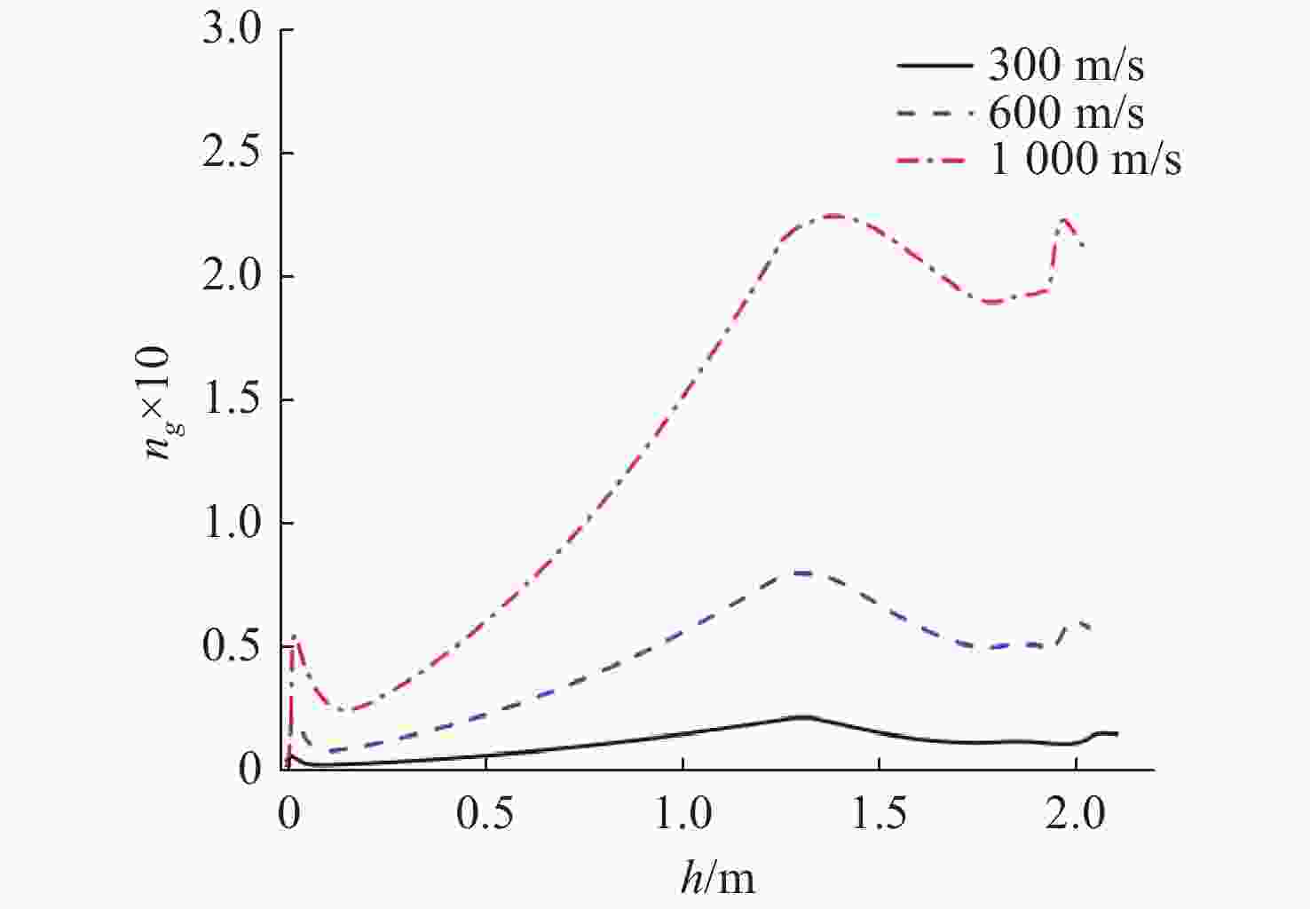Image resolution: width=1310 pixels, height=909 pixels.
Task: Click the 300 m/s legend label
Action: (x=1065, y=66)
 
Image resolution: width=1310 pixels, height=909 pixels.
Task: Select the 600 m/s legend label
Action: (x=1065, y=113)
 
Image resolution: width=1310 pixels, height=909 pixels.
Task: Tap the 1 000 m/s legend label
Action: (x=1085, y=160)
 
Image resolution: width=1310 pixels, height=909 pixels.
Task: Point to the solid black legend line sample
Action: (x=935, y=66)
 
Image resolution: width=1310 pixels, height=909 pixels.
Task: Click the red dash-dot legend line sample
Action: (x=935, y=161)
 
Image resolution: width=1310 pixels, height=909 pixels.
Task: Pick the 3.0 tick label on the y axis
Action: (x=233, y=30)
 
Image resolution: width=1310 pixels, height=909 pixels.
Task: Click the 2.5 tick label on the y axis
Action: (x=233, y=154)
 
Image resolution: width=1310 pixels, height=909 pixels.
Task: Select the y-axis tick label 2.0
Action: (x=233, y=277)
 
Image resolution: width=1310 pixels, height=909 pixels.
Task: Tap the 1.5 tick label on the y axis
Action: (x=233, y=400)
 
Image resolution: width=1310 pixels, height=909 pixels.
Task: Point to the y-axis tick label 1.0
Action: (x=233, y=524)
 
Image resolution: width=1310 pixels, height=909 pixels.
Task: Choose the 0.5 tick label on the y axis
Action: (x=233, y=647)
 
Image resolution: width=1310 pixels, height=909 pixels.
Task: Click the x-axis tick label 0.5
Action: (x=485, y=814)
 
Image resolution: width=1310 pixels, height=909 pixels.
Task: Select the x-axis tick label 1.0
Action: (x=682, y=814)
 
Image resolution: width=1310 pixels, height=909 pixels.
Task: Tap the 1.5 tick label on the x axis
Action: (x=879, y=814)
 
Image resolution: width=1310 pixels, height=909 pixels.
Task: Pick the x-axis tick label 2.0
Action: (x=1075, y=814)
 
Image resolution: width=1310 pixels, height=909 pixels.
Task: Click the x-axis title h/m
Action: (x=718, y=878)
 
